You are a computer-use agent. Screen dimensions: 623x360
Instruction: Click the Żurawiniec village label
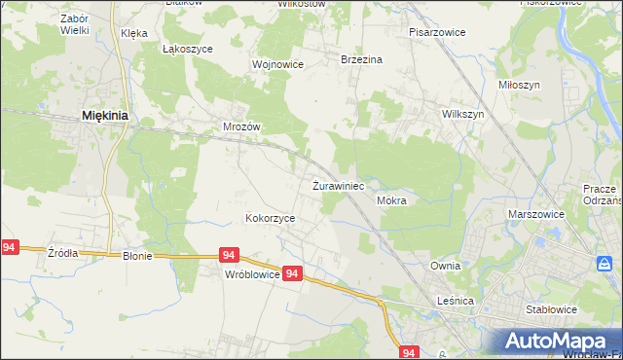(x=338, y=185)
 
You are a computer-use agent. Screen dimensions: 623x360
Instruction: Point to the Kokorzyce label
(x=271, y=219)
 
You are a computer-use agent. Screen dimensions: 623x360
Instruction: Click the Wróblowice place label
(x=252, y=275)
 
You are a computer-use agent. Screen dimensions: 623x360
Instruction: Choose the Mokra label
(x=390, y=200)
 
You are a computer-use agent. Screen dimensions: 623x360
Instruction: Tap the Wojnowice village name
(x=278, y=64)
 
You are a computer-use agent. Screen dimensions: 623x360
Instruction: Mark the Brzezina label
(x=361, y=59)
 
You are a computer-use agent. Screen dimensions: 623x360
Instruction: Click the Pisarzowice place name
(x=437, y=32)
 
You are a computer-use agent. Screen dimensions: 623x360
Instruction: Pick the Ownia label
(x=445, y=266)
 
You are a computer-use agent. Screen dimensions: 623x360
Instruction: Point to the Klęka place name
(x=134, y=33)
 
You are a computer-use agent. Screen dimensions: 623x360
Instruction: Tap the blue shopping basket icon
(x=605, y=264)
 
